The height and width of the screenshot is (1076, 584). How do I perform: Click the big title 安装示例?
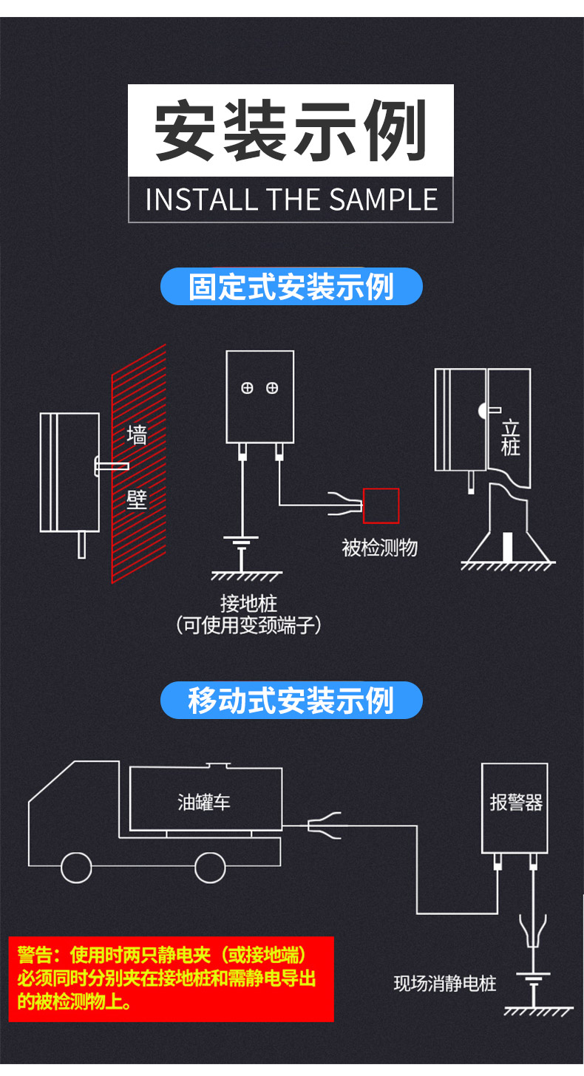point(291,130)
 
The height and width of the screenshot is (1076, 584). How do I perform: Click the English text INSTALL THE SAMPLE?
point(291,200)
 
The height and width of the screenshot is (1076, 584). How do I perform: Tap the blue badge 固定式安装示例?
point(291,287)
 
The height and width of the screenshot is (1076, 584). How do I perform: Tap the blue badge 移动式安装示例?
point(291,701)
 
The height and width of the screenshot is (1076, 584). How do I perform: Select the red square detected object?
point(381,506)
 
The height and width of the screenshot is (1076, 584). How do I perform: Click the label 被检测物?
point(379,548)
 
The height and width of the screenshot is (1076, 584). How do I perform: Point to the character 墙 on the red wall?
point(137,435)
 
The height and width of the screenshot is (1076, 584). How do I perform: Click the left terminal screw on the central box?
point(248,387)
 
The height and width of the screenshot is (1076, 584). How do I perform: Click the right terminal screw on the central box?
point(272,387)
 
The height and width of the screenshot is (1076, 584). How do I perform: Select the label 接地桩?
point(248,603)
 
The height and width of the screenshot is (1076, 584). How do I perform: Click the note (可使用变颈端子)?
point(248,626)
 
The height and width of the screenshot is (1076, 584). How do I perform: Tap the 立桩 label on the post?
point(510,438)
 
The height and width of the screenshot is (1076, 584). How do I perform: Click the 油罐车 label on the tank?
point(204,802)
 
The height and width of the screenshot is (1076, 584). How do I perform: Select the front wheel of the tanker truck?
point(76,867)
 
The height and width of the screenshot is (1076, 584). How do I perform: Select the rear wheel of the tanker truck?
point(209,867)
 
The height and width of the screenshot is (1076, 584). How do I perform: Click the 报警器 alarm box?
point(515,806)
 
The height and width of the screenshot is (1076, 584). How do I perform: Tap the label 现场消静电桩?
point(444,984)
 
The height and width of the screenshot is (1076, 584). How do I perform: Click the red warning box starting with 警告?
point(171,978)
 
